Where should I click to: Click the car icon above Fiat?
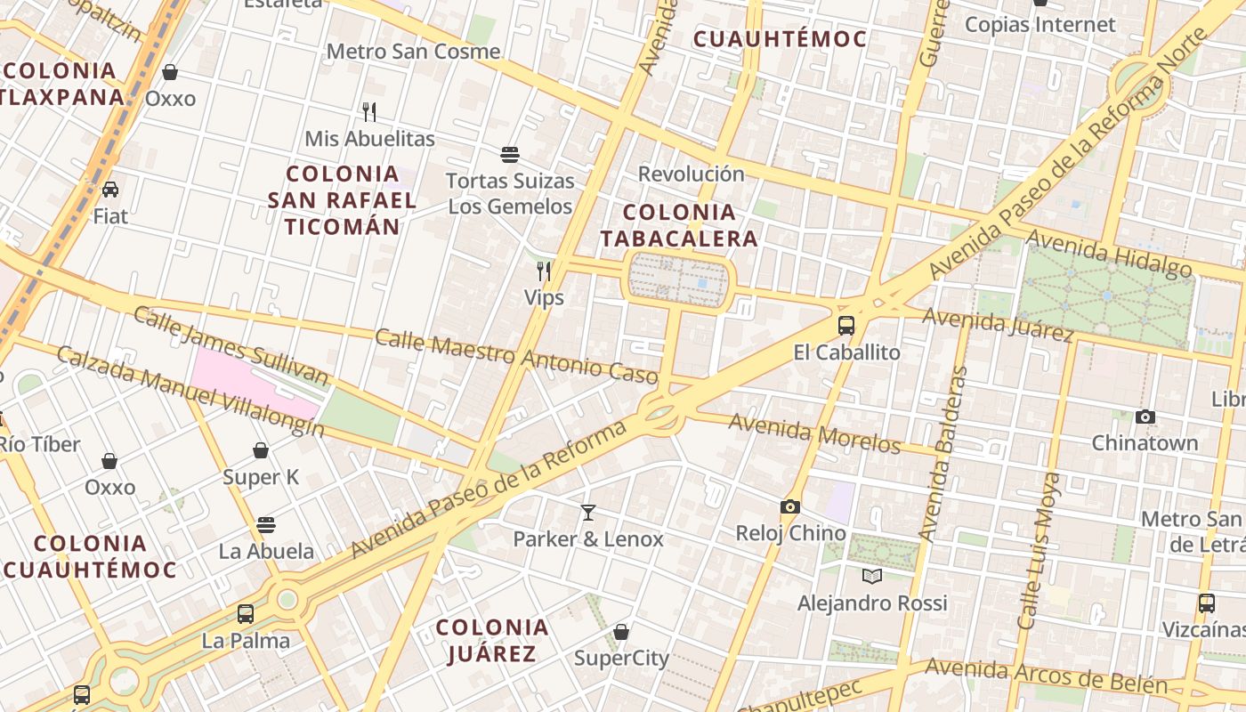pyautogui.click(x=110, y=190)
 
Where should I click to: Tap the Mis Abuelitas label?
pyautogui.click(x=369, y=139)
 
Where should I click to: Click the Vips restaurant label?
pyautogui.click(x=544, y=297)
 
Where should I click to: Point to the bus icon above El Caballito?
pyautogui.click(x=845, y=326)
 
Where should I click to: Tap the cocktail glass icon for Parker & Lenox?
pyautogui.click(x=587, y=512)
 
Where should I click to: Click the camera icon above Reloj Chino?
pyautogui.click(x=789, y=507)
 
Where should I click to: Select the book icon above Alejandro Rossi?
pyautogui.click(x=872, y=577)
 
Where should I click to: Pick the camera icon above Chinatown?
pyautogui.click(x=1145, y=417)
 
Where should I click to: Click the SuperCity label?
pyautogui.click(x=621, y=659)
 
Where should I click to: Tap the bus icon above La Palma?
pyautogui.click(x=245, y=614)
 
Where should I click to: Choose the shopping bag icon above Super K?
pyautogui.click(x=261, y=451)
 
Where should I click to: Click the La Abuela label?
pyautogui.click(x=266, y=551)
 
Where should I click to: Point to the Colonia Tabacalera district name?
pyautogui.click(x=680, y=225)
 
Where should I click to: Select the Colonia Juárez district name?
pyautogui.click(x=492, y=641)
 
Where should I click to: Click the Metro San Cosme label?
pyautogui.click(x=413, y=51)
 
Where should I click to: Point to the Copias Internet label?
pyautogui.click(x=1040, y=24)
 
